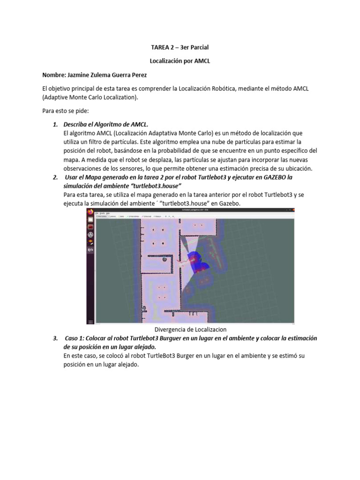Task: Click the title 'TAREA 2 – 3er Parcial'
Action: [x=180, y=48]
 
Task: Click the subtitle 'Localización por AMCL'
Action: [x=180, y=61]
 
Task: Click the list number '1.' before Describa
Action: [x=55, y=124]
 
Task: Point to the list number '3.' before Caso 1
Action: [x=55, y=338]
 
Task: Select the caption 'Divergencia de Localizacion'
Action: [x=190, y=330]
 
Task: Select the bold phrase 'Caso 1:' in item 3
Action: [x=76, y=338]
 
